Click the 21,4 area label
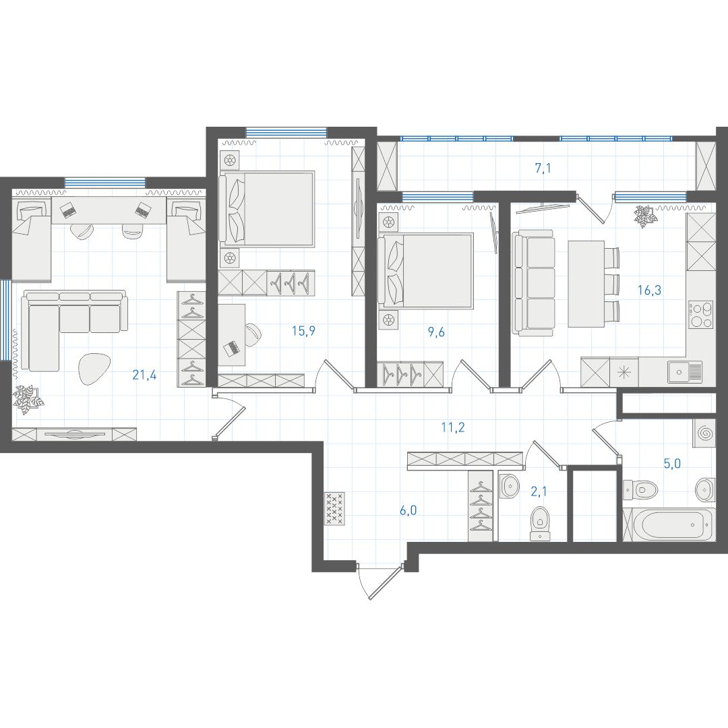pyautogui.click(x=144, y=375)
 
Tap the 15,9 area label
pyautogui.click(x=303, y=331)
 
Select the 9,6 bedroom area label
pyautogui.click(x=436, y=332)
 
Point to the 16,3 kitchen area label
pyautogui.click(x=649, y=290)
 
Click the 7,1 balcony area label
pyautogui.click(x=543, y=168)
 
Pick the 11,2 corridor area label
pyautogui.click(x=453, y=427)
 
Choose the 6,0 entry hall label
pyautogui.click(x=408, y=510)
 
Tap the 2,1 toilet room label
pyautogui.click(x=539, y=491)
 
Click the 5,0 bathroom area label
pyautogui.click(x=672, y=463)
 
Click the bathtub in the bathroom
pyautogui.click(x=673, y=524)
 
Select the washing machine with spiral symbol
pyautogui.click(x=704, y=433)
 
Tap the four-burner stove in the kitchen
pyautogui.click(x=700, y=315)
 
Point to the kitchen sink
pyautogui.click(x=685, y=372)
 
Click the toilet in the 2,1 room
pyautogui.click(x=540, y=524)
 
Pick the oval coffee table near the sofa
pyautogui.click(x=94, y=369)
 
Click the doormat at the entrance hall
pyautogui.click(x=335, y=509)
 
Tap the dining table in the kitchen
pyautogui.click(x=586, y=284)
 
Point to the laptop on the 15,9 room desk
pyautogui.click(x=231, y=348)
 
